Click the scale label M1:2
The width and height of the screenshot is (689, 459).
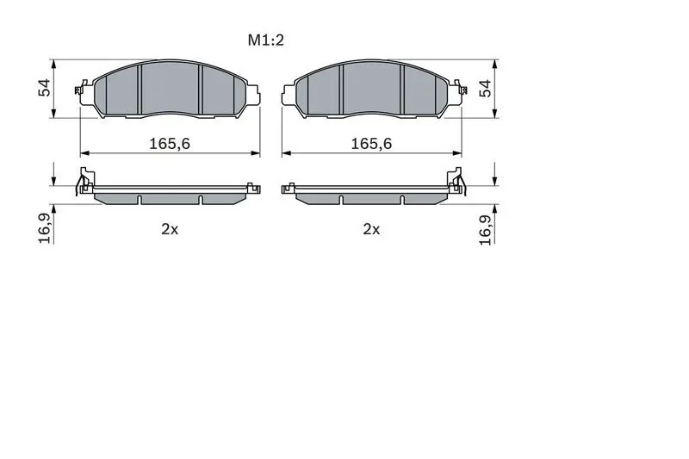pyautogui.click(x=266, y=40)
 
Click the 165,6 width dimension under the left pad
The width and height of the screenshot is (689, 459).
pyautogui.click(x=170, y=144)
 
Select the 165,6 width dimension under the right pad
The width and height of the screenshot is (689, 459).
pyautogui.click(x=371, y=144)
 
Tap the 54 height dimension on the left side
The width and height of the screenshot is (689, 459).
pyautogui.click(x=45, y=88)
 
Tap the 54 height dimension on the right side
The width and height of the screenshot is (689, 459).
pyautogui.click(x=485, y=89)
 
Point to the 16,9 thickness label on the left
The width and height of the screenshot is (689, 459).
pyautogui.click(x=46, y=227)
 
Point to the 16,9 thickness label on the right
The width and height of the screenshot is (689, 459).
pyautogui.click(x=486, y=229)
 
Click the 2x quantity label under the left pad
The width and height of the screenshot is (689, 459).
pyautogui.click(x=170, y=229)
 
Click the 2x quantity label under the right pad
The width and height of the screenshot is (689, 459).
pyautogui.click(x=371, y=229)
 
